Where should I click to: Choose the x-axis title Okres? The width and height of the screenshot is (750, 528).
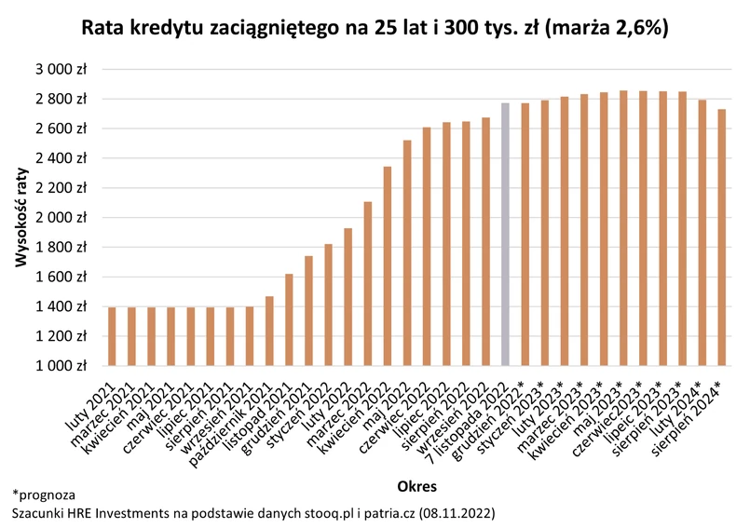point(416,486)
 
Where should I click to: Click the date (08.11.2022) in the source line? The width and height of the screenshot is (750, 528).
point(457,513)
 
